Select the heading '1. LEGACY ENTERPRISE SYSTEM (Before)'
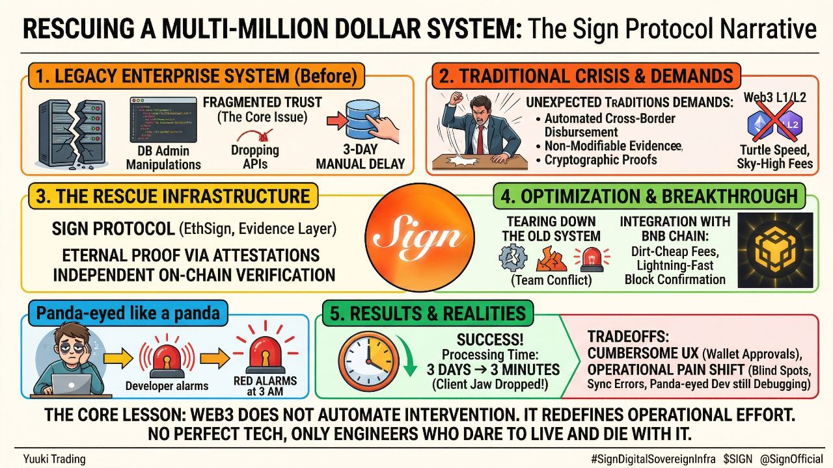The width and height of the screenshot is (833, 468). coord(197,76)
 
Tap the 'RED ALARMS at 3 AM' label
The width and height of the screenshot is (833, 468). coord(265,385)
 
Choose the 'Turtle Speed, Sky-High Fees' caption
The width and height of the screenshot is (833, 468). coord(774,157)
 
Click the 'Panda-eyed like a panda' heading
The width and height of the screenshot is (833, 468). coord(128,314)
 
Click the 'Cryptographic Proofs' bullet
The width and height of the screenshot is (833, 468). coord(601,160)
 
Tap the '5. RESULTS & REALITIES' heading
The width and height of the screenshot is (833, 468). coord(428,314)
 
